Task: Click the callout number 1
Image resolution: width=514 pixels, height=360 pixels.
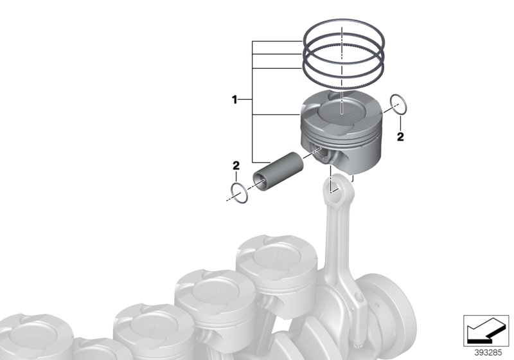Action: tap(235, 100)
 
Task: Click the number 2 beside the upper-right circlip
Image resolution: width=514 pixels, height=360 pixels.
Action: tap(400, 137)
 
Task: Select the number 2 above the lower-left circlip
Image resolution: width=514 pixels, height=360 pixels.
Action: tap(236, 166)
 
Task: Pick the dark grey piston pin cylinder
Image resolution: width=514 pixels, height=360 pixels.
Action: tap(279, 172)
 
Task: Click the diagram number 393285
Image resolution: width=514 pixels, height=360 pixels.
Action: tap(488, 353)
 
